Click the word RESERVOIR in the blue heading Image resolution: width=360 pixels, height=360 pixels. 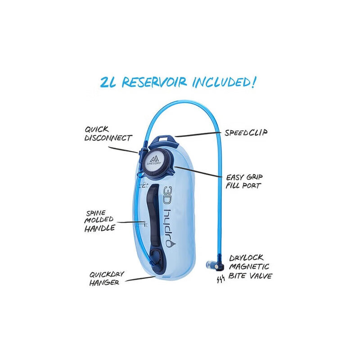[x=154, y=82]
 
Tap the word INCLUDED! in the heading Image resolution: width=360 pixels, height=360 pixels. [x=224, y=82]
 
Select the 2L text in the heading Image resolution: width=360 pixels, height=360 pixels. [x=108, y=82]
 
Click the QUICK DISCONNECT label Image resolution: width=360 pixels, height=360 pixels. [x=108, y=134]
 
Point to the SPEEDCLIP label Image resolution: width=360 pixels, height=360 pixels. [x=246, y=133]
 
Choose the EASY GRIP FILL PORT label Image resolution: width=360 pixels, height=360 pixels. [x=244, y=181]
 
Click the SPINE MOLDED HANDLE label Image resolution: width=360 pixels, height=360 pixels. [x=99, y=221]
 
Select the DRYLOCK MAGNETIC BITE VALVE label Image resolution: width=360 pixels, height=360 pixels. [x=250, y=267]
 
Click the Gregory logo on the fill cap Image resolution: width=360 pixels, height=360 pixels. [x=154, y=161]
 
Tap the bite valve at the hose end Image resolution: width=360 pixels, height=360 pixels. [x=215, y=265]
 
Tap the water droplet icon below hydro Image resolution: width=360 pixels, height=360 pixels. [x=171, y=244]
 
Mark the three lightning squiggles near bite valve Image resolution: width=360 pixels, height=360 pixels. [x=220, y=279]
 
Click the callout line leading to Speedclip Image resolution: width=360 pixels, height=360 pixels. [x=198, y=134]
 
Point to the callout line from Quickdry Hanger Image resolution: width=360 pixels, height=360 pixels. [x=140, y=279]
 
